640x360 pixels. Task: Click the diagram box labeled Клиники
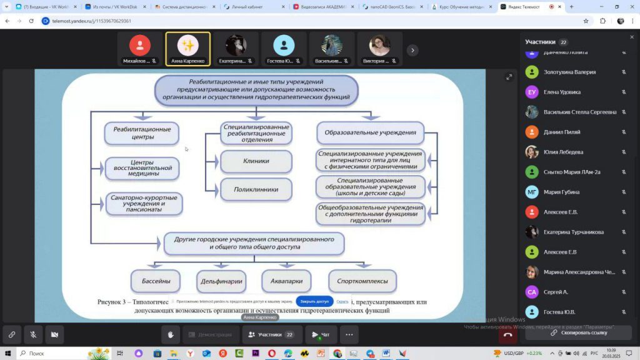(256, 161)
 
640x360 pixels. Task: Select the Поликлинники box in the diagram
(256, 189)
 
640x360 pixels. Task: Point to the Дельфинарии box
(221, 281)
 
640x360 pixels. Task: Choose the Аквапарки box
(286, 281)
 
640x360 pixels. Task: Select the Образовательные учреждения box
(370, 132)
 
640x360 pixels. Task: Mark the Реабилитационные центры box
(142, 132)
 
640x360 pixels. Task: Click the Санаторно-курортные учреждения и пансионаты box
(144, 204)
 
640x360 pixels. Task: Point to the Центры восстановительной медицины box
(142, 168)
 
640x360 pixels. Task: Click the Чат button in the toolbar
(321, 334)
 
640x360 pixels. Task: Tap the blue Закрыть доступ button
(314, 301)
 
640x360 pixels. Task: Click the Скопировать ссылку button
(578, 332)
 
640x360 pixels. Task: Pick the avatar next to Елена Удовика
(532, 92)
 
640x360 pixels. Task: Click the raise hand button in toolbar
(170, 334)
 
